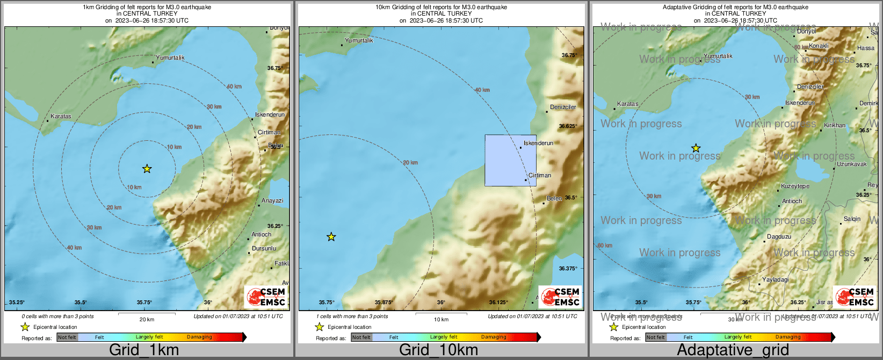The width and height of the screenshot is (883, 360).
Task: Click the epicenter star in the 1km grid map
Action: [147, 169]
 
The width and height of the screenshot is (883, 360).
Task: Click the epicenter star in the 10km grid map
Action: [331, 236]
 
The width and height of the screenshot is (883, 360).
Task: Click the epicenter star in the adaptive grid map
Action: [696, 148]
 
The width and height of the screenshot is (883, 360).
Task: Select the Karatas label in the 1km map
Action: [61, 116]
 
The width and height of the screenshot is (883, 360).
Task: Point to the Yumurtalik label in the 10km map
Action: [359, 40]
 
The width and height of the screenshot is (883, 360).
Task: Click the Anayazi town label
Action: [272, 200]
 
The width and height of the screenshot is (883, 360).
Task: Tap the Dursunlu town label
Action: [264, 248]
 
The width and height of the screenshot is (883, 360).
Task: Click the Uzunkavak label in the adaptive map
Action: [852, 164]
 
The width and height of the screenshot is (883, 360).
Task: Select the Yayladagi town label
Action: [776, 279]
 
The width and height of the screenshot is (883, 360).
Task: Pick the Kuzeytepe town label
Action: [795, 186]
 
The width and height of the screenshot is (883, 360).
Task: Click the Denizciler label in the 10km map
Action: [563, 107]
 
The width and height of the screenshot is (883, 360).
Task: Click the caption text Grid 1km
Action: [144, 350]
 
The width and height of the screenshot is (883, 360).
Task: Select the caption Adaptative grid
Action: [733, 350]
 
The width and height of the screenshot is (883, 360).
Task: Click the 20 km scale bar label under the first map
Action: [147, 319]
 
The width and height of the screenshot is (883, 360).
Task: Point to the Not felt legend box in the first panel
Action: [67, 337]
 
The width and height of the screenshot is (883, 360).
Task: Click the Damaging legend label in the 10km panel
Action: [494, 337]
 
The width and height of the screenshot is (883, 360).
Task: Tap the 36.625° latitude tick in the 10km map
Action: [568, 126]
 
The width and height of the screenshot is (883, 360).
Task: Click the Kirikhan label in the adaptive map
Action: [835, 125]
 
